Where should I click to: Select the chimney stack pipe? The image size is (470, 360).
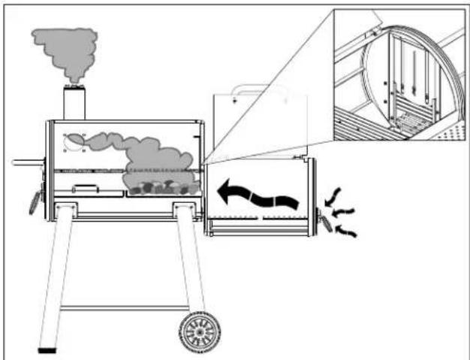(74, 103)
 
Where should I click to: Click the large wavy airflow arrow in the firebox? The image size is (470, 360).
(256, 197)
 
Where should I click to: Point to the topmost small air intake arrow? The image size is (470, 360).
(335, 193)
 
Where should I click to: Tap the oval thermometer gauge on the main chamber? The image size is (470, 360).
(75, 141)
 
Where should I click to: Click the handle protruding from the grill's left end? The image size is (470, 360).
(27, 162)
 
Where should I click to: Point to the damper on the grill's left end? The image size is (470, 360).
(35, 201)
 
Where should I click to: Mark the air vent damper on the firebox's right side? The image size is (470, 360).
(325, 220)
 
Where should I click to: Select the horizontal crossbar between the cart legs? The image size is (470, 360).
(123, 307)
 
